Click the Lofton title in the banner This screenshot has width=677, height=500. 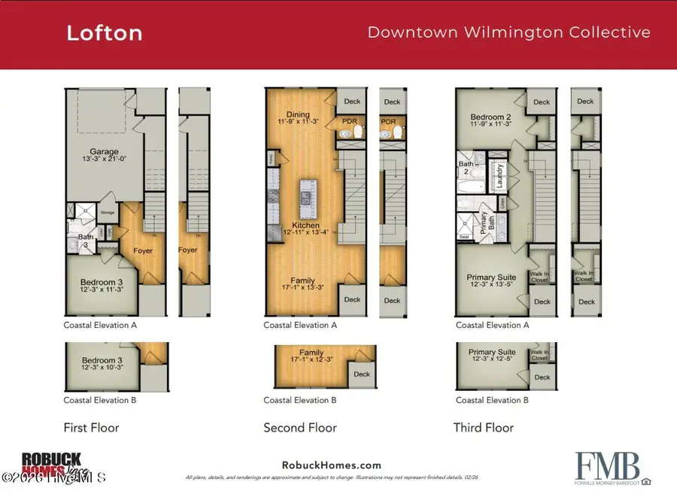click(104, 33)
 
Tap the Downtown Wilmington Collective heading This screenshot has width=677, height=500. click(509, 32)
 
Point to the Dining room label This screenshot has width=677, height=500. click(297, 114)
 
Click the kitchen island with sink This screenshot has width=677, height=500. click(307, 198)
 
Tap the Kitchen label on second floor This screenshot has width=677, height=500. click(306, 226)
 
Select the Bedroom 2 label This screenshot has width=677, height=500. click(491, 117)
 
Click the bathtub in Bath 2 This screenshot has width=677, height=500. click(472, 189)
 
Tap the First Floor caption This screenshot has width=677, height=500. click(91, 428)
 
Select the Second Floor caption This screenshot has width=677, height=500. click(300, 428)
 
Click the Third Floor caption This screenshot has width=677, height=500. click(483, 428)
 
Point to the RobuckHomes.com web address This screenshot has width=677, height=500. click(331, 465)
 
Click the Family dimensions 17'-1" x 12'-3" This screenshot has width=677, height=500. click(311, 361)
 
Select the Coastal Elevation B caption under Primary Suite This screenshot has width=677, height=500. click(492, 401)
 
